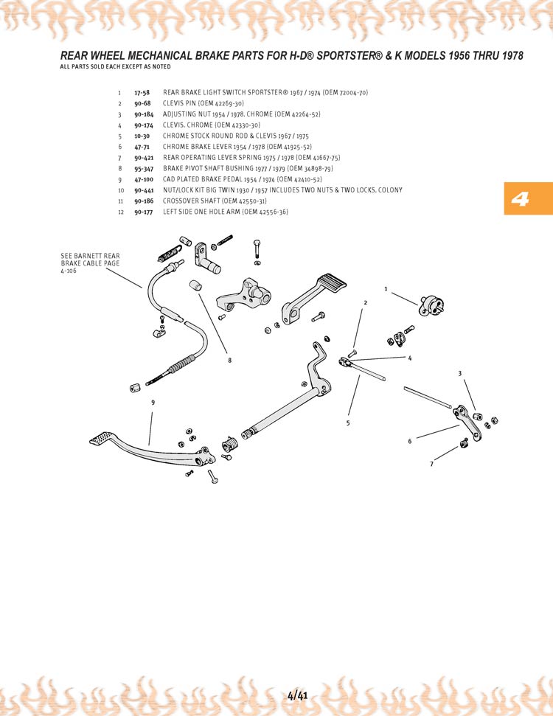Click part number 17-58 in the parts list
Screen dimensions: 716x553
coord(142,93)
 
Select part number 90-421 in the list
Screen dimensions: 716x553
coord(145,158)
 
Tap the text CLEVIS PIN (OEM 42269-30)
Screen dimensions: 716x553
coord(203,104)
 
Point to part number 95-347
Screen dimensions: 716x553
coord(144,169)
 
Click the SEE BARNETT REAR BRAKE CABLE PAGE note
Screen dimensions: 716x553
coord(90,263)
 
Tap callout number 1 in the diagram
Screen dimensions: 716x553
coord(385,288)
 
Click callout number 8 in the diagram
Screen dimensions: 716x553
coord(230,361)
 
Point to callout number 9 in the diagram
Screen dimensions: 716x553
coord(153,403)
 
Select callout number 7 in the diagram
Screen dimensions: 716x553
coord(432,464)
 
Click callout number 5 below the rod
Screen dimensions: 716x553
coord(348,423)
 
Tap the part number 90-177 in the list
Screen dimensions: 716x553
coord(144,212)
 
